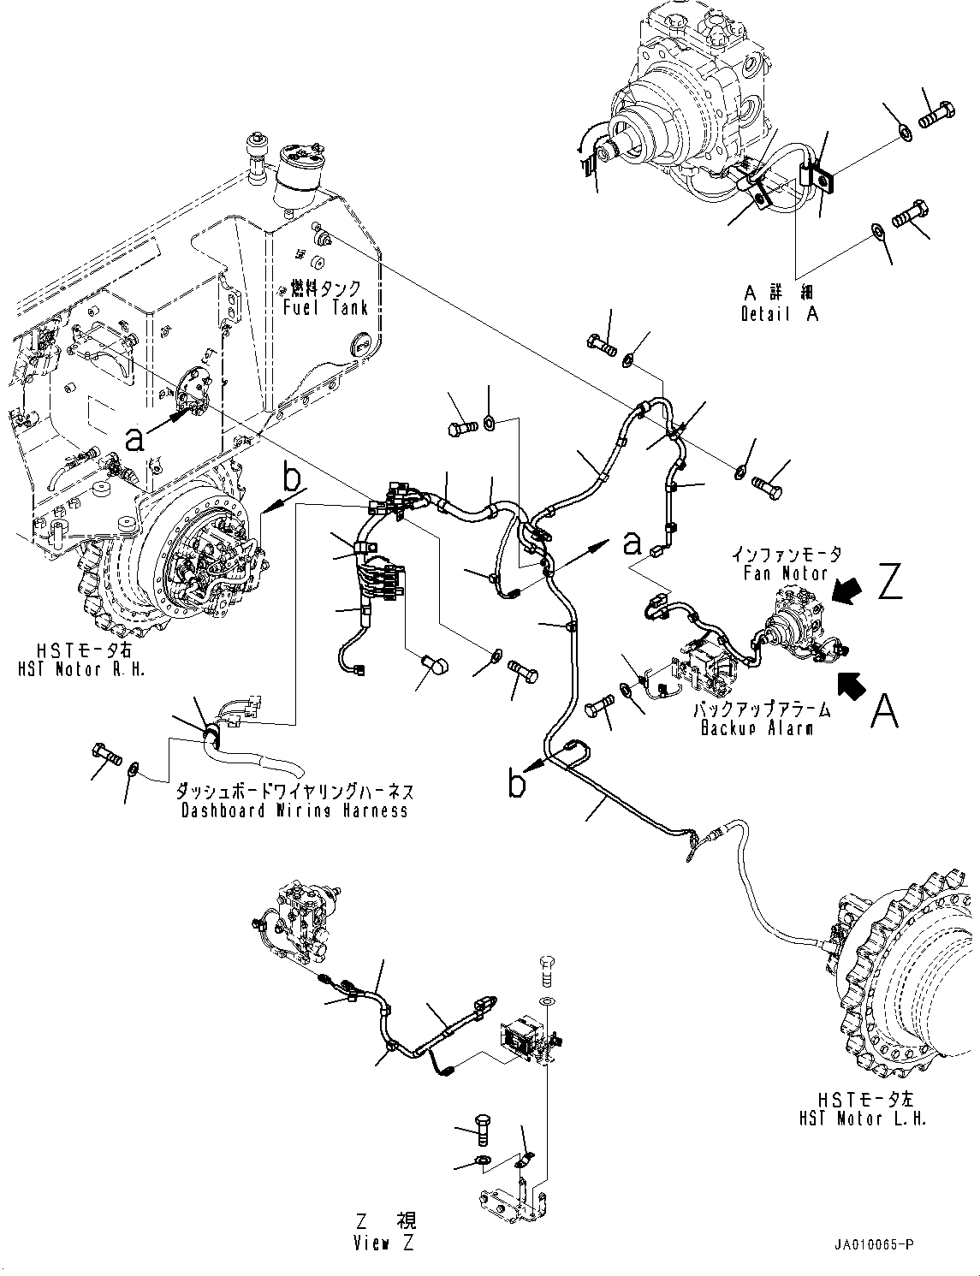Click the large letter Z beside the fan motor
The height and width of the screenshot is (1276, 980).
[889, 583]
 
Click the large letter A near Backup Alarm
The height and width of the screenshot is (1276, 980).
[884, 710]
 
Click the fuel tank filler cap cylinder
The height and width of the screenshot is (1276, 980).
[300, 175]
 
